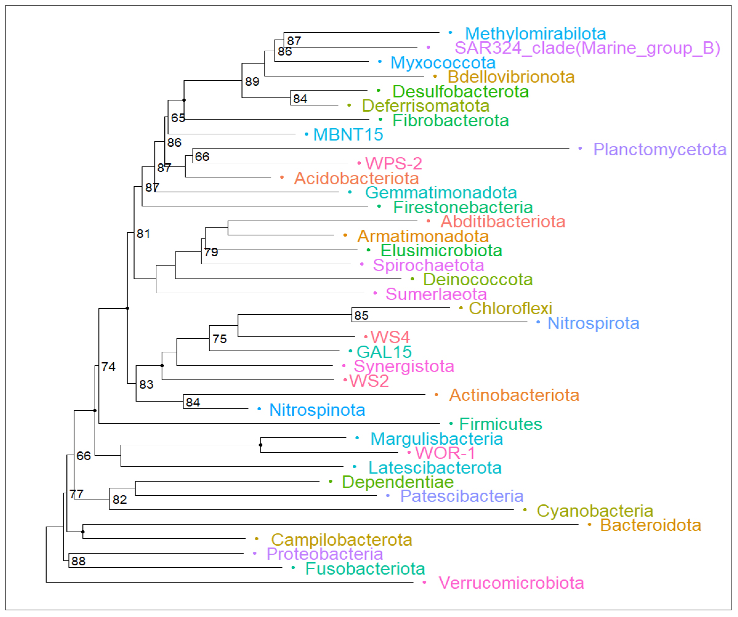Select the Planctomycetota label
click(x=660, y=149)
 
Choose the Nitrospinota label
click(x=317, y=410)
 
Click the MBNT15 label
click(x=348, y=135)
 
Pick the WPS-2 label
click(x=393, y=163)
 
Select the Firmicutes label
click(x=501, y=424)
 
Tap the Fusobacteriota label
click(x=365, y=569)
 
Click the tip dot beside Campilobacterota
click(x=257, y=539)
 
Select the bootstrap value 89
click(x=252, y=82)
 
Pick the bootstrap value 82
click(x=120, y=499)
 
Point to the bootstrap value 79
click(x=211, y=252)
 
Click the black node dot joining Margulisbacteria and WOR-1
click(x=260, y=445)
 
